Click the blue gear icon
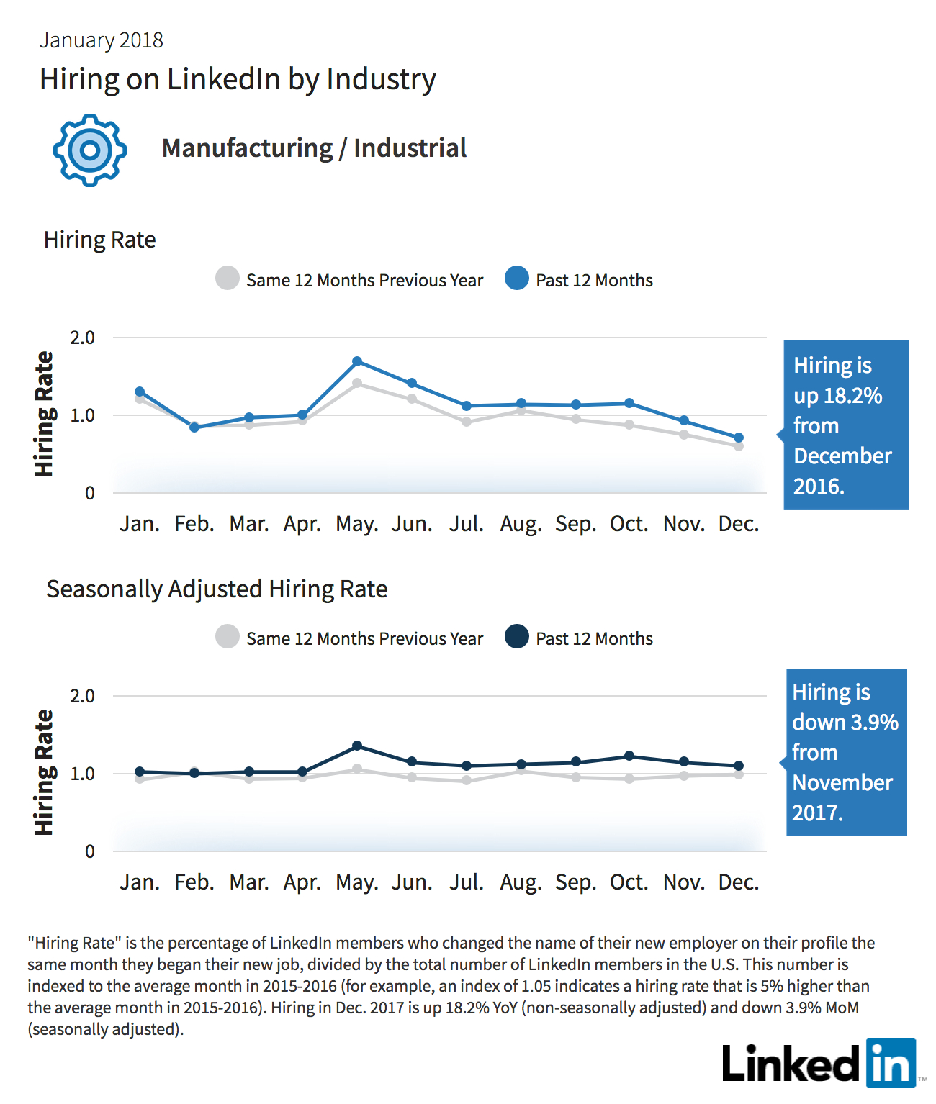90,150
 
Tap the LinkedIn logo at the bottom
819,1063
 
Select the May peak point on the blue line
357,361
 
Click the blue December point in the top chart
739,438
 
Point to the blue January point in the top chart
140,392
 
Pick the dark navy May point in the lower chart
357,746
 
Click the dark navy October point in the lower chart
629,756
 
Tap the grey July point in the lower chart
467,780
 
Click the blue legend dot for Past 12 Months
517,279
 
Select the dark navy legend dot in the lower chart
517,636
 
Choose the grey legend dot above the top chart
227,279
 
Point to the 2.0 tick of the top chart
82,338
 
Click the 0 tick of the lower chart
90,851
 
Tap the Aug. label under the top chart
521,525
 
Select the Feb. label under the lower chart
194,882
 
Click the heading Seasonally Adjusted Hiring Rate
217,589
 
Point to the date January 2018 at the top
101,40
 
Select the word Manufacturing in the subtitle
248,148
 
